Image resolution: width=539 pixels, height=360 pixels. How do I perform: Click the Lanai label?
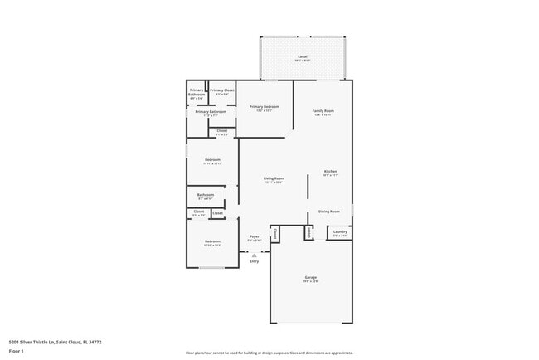click(x=302, y=56)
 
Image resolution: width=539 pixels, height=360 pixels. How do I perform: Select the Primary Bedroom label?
click(x=264, y=107)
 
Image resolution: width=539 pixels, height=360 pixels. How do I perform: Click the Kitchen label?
click(x=330, y=172)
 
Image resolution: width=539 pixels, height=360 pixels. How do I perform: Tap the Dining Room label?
click(x=329, y=212)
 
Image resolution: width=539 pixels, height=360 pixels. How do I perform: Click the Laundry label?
click(x=340, y=232)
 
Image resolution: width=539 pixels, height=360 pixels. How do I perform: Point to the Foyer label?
click(x=255, y=237)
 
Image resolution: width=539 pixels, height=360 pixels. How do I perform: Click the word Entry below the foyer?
click(x=254, y=261)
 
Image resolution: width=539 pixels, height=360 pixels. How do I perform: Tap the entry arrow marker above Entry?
click(x=254, y=255)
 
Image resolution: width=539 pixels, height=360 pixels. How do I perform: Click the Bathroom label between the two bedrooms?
click(x=206, y=196)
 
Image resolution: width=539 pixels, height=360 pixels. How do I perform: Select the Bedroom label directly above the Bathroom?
click(x=211, y=160)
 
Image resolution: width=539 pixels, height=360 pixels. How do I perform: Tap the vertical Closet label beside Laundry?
click(x=309, y=233)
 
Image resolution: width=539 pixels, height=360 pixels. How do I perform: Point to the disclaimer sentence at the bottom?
click(x=269, y=353)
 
